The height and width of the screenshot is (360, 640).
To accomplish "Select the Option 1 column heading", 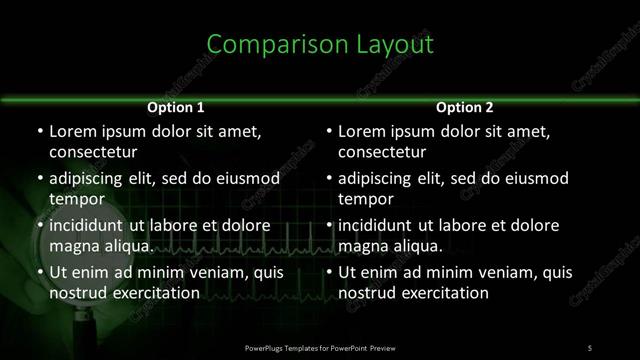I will [x=176, y=107].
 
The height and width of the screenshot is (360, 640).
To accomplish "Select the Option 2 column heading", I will [x=465, y=107].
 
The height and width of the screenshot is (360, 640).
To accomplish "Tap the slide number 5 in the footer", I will [x=590, y=347].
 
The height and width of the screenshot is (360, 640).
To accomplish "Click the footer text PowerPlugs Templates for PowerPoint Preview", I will [x=320, y=347].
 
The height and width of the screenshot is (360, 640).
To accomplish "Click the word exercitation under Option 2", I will [x=440, y=293].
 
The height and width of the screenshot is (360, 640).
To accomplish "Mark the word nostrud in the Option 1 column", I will [x=73, y=293].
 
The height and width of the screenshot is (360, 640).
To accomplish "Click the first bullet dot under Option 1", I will [x=39, y=132].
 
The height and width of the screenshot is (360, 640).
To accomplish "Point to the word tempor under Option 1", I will [x=72, y=200].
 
